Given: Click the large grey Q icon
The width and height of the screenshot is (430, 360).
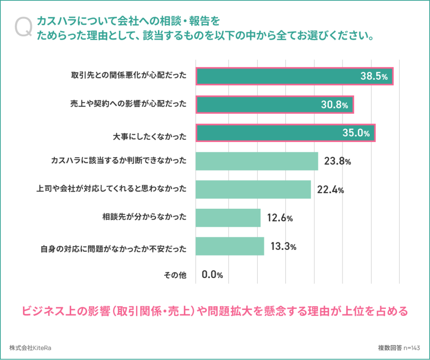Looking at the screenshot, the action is tap(24, 27).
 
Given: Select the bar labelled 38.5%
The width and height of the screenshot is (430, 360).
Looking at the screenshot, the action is tap(294, 76).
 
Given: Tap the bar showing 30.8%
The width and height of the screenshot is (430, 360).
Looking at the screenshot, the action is tap(275, 105).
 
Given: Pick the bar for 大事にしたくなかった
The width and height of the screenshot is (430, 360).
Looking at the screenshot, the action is tap(286, 133).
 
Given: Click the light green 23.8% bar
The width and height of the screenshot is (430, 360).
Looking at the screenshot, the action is tap(257, 161).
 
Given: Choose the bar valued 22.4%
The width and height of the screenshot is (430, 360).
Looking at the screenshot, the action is tap(253, 189).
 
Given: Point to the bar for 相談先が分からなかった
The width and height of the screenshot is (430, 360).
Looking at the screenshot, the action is tap(228, 218).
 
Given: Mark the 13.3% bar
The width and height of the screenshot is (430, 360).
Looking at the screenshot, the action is tap(230, 246).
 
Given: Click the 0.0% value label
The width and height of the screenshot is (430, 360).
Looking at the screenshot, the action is tap(212, 275).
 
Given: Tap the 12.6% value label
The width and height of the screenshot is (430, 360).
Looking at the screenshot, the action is tap(280, 218).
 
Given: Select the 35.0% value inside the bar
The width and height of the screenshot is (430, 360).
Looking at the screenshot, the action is tap(356, 133).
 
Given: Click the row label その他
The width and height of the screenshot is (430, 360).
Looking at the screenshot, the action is tap(175, 275).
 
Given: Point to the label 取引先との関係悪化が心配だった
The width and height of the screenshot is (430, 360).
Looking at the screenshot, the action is tap(128, 75).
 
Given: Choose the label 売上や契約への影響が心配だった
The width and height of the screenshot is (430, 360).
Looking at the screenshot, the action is tap(128, 103).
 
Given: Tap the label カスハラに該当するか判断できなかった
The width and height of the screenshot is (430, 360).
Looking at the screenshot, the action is tap(119, 160).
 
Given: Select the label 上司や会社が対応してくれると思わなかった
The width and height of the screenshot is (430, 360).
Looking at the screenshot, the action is tap(111, 189).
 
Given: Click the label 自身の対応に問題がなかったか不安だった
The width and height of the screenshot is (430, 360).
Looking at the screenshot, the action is tap(113, 249).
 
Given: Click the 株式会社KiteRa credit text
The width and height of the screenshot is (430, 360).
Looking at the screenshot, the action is tap(30, 348).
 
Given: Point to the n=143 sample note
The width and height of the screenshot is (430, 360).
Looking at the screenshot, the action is tap(412, 348).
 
